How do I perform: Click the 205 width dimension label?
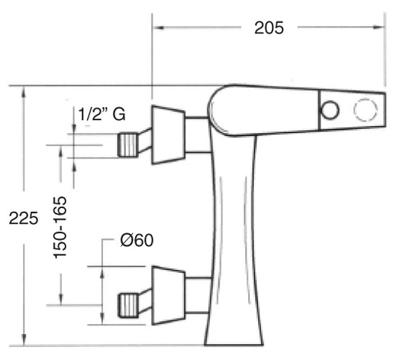pyautogui.click(x=269, y=28)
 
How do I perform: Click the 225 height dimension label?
pyautogui.click(x=24, y=218)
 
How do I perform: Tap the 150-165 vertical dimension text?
pyautogui.click(x=60, y=228)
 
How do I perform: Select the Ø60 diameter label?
pyautogui.click(x=137, y=240)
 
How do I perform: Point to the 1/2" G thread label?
pyautogui.click(x=102, y=114)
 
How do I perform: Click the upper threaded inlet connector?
pyautogui.click(x=128, y=144)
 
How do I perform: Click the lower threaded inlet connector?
pyautogui.click(x=128, y=305)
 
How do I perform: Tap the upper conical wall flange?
pyautogui.click(x=169, y=135)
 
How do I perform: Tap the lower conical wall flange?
pyautogui.click(x=169, y=295)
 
